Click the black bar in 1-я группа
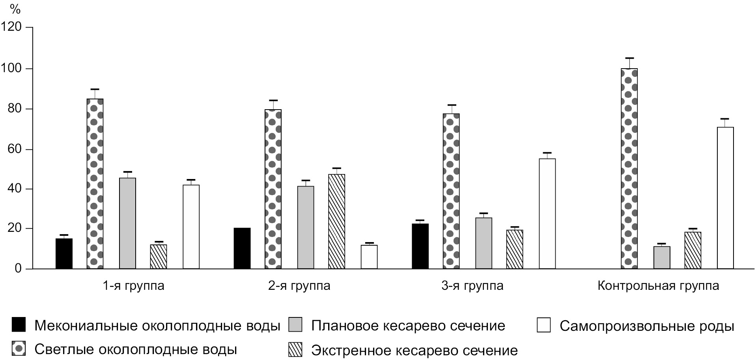pyautogui.click(x=64, y=254)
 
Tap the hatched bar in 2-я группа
pyautogui.click(x=336, y=221)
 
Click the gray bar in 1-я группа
pyautogui.click(x=127, y=223)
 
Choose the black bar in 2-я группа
pyautogui.click(x=242, y=248)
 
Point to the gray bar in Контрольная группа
pyautogui.click(x=661, y=257)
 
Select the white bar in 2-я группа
pyautogui.click(x=369, y=257)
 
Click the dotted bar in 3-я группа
pyautogui.click(x=451, y=191)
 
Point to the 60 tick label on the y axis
pyautogui.click(x=14, y=149)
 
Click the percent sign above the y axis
pyautogui.click(x=15, y=9)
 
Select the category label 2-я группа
pyautogui.click(x=299, y=285)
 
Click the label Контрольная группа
pyautogui.click(x=658, y=285)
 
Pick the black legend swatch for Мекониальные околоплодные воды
pyautogui.click(x=19, y=325)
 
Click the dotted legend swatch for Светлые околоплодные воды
pyautogui.click(x=19, y=349)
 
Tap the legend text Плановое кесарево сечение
pyautogui.click(x=408, y=326)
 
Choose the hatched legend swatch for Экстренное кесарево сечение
pyautogui.click(x=295, y=349)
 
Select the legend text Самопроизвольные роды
pyautogui.click(x=646, y=326)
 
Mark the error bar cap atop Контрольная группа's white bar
pyautogui.click(x=725, y=119)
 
